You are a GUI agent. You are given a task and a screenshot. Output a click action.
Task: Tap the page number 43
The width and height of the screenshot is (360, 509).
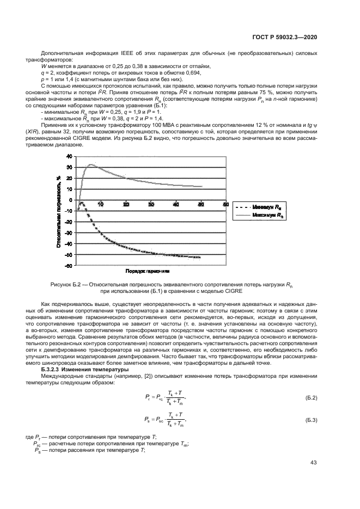point(313,463)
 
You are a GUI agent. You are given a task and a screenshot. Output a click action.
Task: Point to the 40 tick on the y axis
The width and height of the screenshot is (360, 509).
point(69,156)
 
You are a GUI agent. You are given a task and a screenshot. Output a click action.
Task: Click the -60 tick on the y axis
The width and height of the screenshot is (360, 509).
point(68,266)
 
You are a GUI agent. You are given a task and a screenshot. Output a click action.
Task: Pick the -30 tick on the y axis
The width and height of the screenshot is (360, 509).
point(68,232)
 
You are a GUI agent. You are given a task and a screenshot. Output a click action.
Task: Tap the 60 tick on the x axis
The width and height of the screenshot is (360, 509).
point(225,204)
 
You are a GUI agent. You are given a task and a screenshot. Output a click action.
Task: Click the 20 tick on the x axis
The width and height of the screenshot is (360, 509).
point(126,204)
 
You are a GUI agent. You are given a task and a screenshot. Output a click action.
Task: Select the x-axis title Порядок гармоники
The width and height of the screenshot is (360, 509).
point(148,271)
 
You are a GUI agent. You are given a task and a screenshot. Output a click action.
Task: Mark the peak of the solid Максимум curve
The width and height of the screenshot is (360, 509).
point(91,164)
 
